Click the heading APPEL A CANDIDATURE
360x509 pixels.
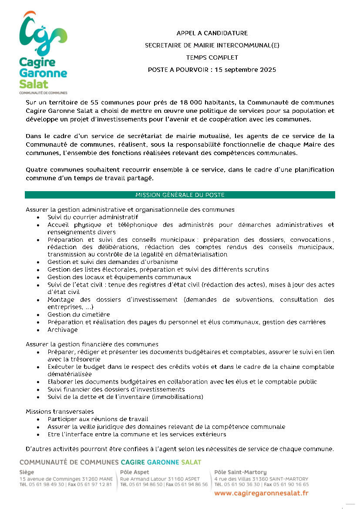click(x=212, y=33)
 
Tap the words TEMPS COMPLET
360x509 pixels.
click(x=212, y=57)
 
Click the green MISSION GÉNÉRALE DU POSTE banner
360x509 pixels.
click(x=180, y=195)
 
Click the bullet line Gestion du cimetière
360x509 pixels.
click(x=78, y=314)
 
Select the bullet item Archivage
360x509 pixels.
click(x=63, y=330)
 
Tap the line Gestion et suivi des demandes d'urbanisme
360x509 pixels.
click(x=113, y=262)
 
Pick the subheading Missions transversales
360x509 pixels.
click(x=60, y=411)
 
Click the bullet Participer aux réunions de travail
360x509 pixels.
click(x=98, y=419)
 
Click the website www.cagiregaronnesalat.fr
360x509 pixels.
click(x=262, y=493)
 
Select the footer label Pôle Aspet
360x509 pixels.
click(x=135, y=472)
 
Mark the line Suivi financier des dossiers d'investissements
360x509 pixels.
click(x=116, y=389)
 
